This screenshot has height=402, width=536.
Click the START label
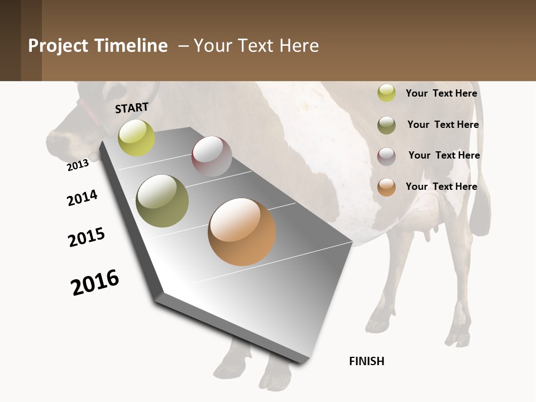pos(132,107)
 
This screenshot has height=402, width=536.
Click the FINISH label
pos(367,361)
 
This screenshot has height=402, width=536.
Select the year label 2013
pos(78,165)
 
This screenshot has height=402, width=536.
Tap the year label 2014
pos(82,198)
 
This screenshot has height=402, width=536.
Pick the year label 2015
pos(87,237)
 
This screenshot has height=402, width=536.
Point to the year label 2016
pos(95,282)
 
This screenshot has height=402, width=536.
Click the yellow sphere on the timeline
pos(136,137)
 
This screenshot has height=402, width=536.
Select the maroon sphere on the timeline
pos(212,156)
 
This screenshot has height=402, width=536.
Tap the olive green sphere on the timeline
pos(162,201)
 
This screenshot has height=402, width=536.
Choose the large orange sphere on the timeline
pos(242,232)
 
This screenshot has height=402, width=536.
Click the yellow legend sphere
pos(386,93)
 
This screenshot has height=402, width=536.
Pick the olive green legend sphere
pos(386,125)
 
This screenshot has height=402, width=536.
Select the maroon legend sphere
pos(386,156)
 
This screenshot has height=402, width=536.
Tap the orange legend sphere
pos(386,187)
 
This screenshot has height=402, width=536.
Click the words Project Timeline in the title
pos(98,46)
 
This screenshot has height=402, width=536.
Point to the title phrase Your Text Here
pos(256,46)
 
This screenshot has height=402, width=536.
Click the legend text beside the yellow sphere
pos(441,93)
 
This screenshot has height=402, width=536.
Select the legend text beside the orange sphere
pos(441,186)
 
